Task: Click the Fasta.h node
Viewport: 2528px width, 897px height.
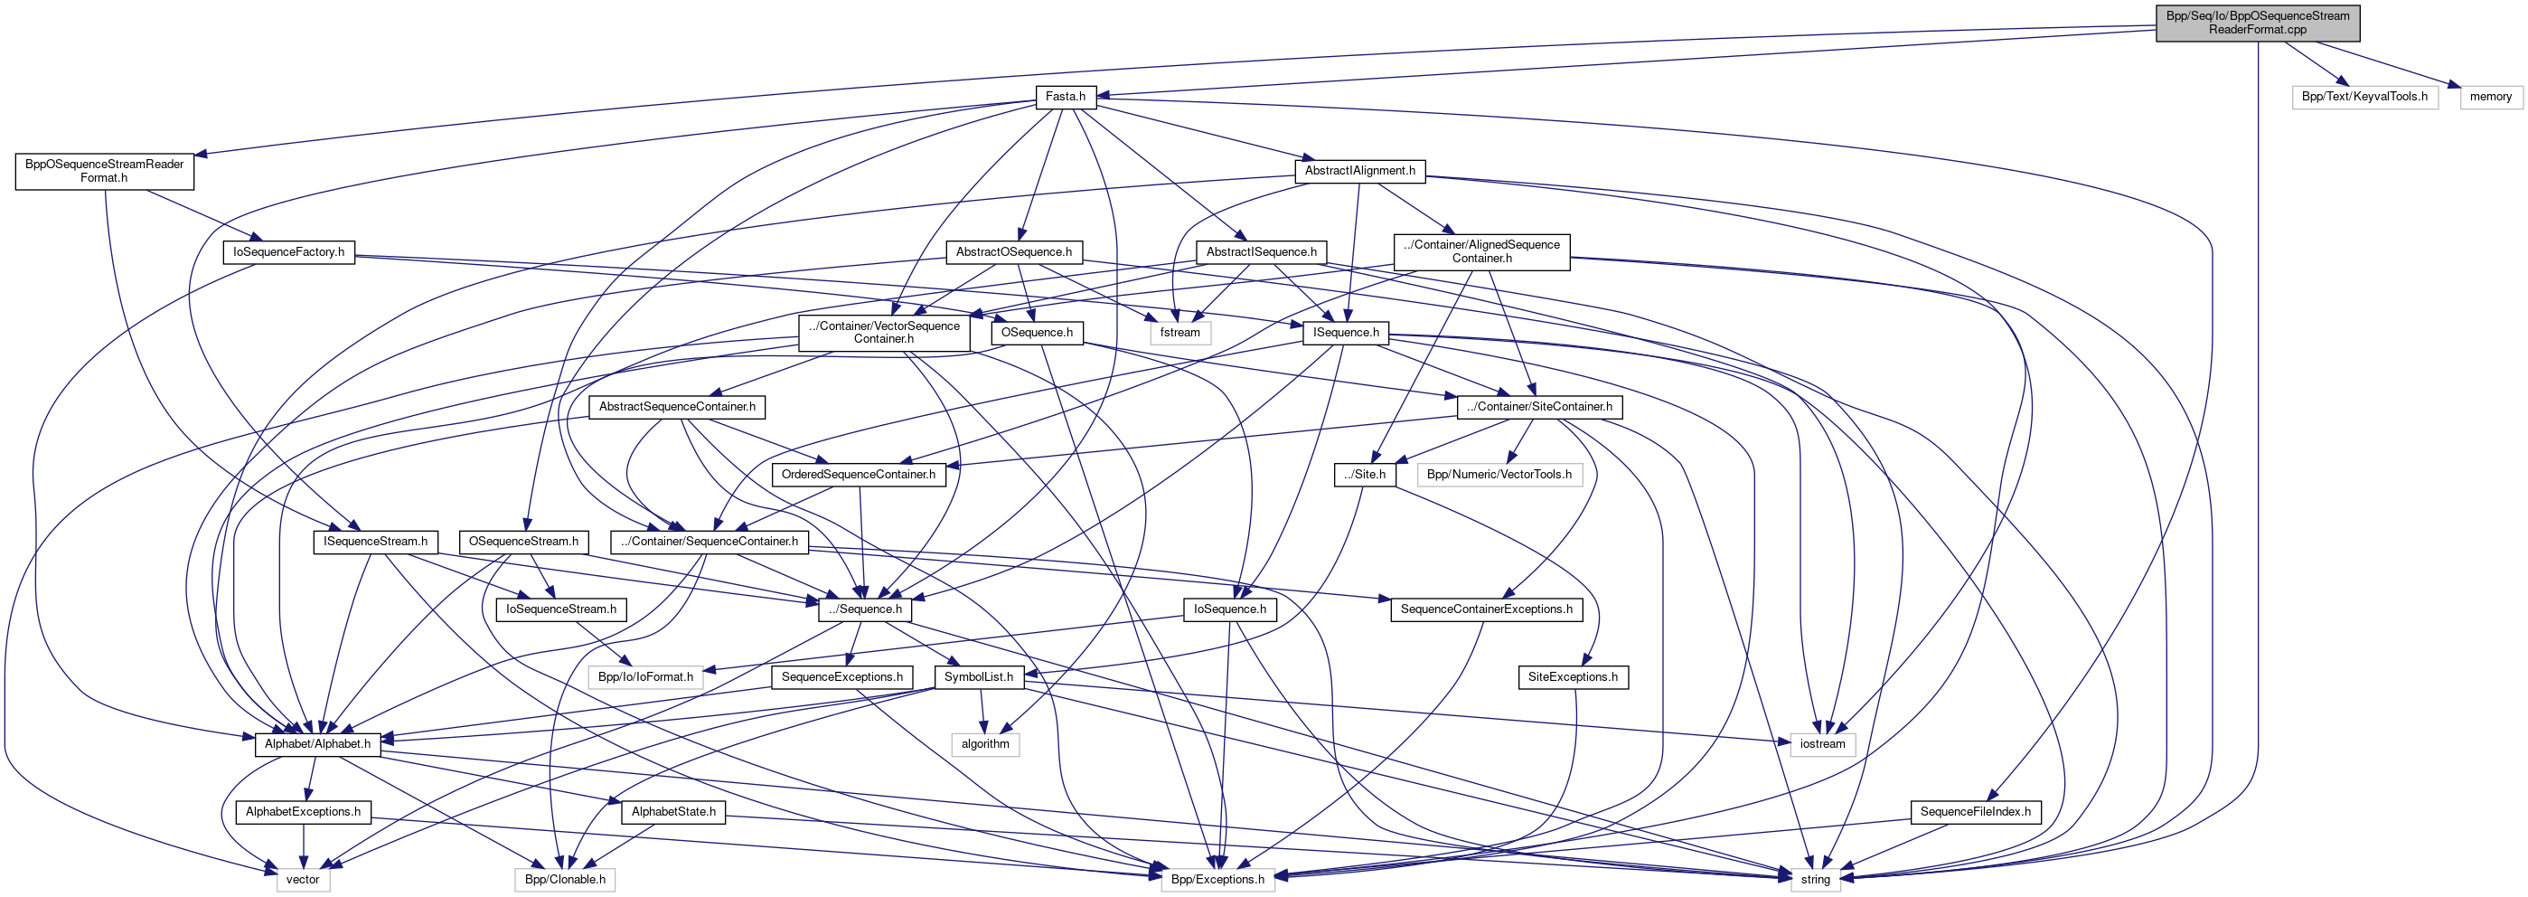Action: pyautogui.click(x=1065, y=97)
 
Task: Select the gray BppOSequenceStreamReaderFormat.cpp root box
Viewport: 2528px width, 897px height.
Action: pyautogui.click(x=2257, y=23)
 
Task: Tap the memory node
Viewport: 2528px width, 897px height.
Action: pyautogui.click(x=2490, y=97)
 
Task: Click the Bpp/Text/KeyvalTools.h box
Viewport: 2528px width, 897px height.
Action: pyautogui.click(x=2364, y=97)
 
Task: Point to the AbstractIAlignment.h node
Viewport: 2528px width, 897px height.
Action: pyautogui.click(x=1359, y=171)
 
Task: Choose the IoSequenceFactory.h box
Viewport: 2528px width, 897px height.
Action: pyautogui.click(x=288, y=252)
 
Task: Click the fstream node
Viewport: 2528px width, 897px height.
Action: pyautogui.click(x=1179, y=333)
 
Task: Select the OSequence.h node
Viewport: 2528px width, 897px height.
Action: pyautogui.click(x=1037, y=333)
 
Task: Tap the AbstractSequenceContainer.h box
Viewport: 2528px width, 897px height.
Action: pyautogui.click(x=677, y=406)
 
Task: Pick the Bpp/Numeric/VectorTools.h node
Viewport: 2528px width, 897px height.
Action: pyautogui.click(x=1499, y=475)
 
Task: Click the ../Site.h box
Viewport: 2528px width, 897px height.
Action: pyautogui.click(x=1365, y=475)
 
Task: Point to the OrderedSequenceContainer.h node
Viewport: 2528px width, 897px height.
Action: pyautogui.click(x=858, y=475)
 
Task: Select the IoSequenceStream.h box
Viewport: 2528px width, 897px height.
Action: pyautogui.click(x=561, y=609)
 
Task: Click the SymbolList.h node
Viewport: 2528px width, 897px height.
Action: pyautogui.click(x=979, y=677)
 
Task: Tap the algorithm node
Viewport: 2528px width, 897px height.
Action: pyautogui.click(x=984, y=744)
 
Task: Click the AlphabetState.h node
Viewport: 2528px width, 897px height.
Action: pyautogui.click(x=673, y=812)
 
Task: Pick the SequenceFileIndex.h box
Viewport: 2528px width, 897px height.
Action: pyautogui.click(x=1976, y=812)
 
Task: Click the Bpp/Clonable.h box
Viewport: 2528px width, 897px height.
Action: pyautogui.click(x=564, y=879)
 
